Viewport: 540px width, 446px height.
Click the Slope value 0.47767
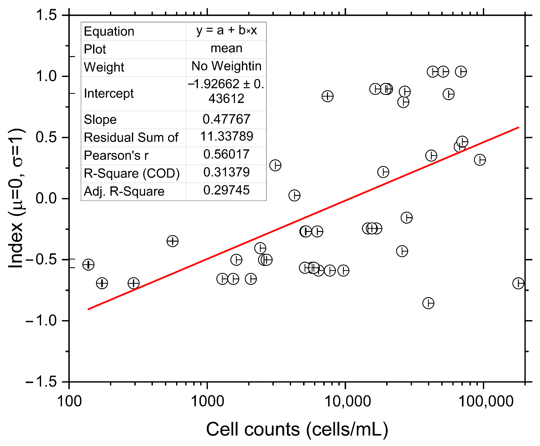226,119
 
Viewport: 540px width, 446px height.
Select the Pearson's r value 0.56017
226,154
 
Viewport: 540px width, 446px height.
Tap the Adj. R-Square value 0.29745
226,190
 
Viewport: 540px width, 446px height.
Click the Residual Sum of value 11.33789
226,136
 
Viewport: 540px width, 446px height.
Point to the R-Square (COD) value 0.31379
226,172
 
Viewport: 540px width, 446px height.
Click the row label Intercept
108,94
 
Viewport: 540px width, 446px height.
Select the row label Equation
109,32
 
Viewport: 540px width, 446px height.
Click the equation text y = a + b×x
226,31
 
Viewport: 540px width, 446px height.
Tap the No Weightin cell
226,66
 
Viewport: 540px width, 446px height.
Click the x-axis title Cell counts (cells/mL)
297,429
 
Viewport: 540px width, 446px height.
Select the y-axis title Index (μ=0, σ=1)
16,198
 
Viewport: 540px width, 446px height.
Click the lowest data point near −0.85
428,303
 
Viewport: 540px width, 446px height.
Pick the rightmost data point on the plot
518,283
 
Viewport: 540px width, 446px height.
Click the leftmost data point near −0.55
88,265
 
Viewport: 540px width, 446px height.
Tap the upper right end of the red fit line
518,127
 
